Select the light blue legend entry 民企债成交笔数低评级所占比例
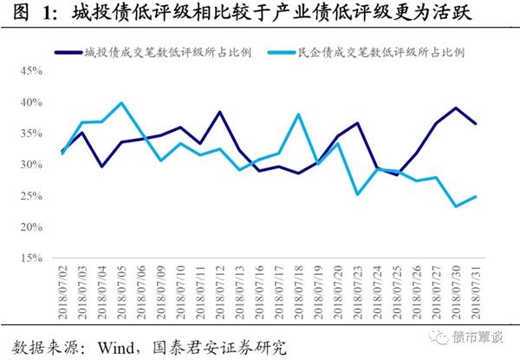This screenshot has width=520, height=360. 382,51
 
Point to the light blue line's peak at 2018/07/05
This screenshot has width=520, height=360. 120,103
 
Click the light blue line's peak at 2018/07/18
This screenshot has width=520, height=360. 297,114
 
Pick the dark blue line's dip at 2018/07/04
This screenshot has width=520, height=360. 102,166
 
